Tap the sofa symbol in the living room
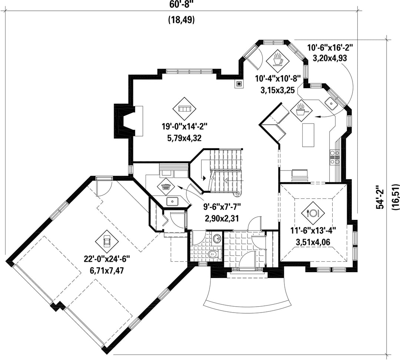[185, 109]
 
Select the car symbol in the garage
[107, 240]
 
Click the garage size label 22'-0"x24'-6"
[107, 259]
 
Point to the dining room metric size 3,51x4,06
[313, 242]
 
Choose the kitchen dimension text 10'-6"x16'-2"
[330, 48]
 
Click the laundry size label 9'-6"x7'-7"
[222, 206]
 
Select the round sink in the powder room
[217, 238]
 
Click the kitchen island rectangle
[308, 135]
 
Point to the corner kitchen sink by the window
[331, 103]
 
